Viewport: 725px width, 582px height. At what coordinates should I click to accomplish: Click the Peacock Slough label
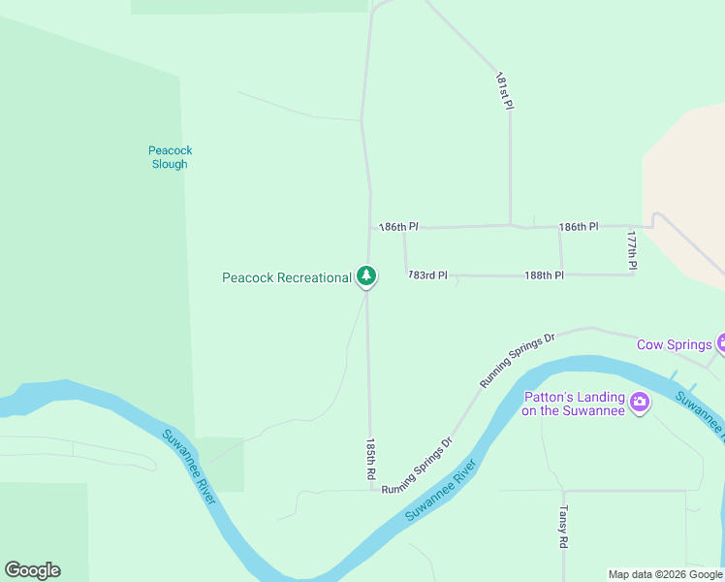171,157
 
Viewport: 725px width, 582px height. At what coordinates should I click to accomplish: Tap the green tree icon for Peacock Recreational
365,277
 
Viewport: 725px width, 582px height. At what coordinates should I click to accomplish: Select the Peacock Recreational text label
287,277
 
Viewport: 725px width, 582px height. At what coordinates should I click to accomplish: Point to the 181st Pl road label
503,90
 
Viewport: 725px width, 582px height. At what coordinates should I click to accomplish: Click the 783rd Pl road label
428,275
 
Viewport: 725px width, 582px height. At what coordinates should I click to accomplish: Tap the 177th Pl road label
632,249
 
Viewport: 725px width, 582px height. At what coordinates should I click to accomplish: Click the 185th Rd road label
370,460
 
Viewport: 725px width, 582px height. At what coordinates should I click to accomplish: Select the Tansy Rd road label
562,527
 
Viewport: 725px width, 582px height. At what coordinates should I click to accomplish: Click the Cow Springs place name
675,344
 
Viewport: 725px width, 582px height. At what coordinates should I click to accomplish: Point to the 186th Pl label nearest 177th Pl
579,226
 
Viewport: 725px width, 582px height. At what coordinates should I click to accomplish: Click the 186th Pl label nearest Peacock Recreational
398,226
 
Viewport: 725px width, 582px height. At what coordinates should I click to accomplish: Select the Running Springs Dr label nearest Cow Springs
517,360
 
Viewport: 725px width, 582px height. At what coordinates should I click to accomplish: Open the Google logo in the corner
32,570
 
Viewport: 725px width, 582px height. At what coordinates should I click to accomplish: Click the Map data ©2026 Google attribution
665,574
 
